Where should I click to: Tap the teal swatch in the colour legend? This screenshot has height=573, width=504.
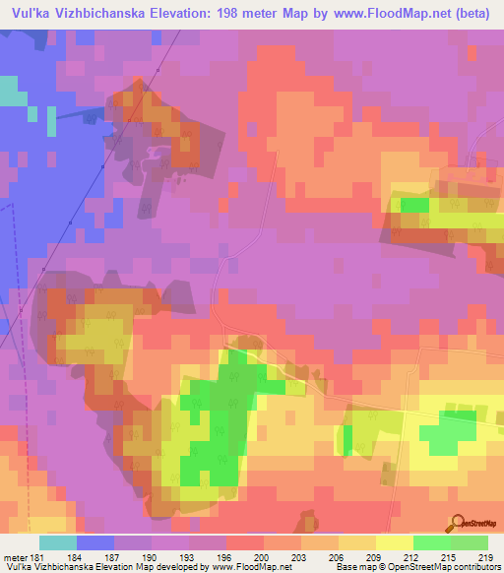click(x=58, y=541)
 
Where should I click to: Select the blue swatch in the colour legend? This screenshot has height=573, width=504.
click(x=94, y=541)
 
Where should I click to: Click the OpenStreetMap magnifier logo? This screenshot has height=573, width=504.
click(x=457, y=522)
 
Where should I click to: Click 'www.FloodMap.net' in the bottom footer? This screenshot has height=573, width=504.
click(x=251, y=566)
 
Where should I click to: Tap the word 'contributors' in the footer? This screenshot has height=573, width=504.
click(x=473, y=566)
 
